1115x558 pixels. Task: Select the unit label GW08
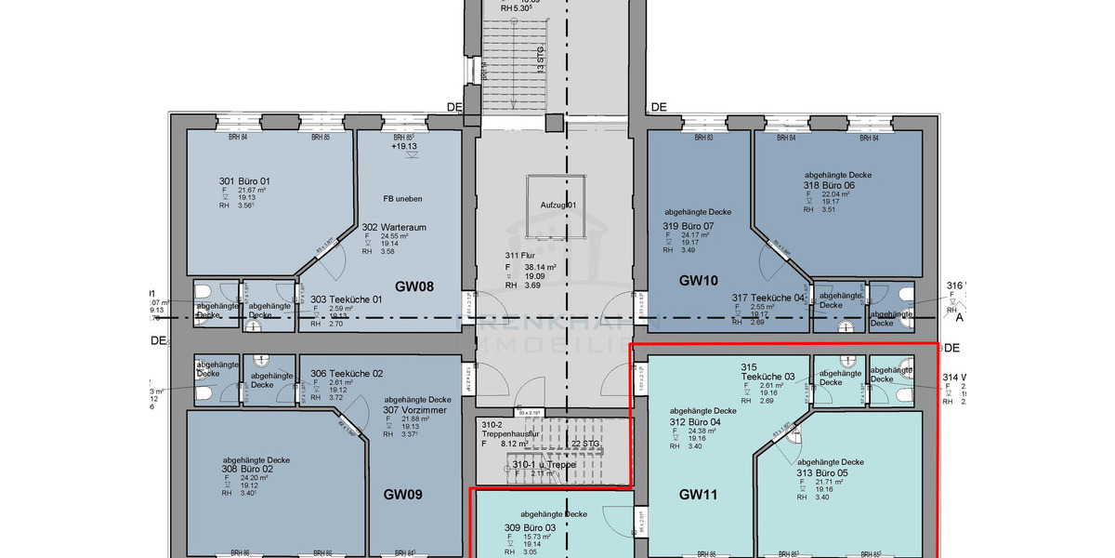[x=415, y=287]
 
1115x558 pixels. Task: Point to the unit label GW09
[x=403, y=495]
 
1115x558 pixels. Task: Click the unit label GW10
[x=699, y=280]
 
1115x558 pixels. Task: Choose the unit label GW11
[x=698, y=495]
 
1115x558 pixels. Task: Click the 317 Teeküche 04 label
[x=767, y=298]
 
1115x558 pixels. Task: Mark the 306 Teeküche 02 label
[x=347, y=373]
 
